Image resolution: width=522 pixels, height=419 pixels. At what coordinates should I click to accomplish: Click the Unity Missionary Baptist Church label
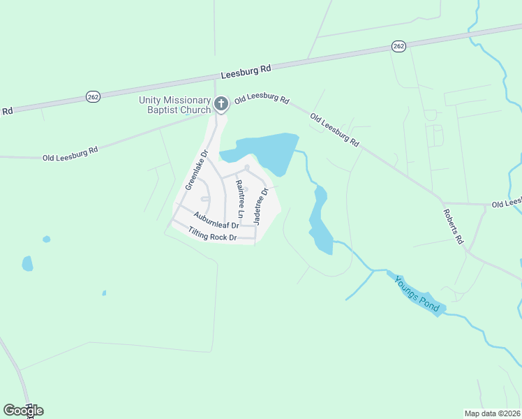(174, 105)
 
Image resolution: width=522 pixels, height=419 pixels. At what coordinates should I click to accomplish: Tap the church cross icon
(221, 105)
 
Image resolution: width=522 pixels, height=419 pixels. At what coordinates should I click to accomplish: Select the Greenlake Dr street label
(197, 170)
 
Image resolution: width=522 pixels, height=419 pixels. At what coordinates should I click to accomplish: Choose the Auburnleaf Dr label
(217, 220)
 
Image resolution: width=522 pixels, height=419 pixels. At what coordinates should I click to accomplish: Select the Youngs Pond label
(417, 293)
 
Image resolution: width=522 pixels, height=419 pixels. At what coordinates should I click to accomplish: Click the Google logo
(23, 411)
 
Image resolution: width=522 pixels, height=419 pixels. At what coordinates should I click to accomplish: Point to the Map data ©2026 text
(492, 413)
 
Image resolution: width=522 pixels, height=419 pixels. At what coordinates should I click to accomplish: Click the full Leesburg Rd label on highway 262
(245, 72)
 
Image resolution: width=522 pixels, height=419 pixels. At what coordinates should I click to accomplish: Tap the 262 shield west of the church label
(92, 96)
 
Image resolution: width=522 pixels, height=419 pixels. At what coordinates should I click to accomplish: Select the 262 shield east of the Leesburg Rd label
(398, 46)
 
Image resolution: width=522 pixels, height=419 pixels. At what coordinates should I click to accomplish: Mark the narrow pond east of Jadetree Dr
(320, 220)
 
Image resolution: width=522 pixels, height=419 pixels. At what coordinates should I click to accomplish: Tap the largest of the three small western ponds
(27, 263)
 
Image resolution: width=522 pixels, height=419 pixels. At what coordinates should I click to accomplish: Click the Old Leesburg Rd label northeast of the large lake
(335, 130)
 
